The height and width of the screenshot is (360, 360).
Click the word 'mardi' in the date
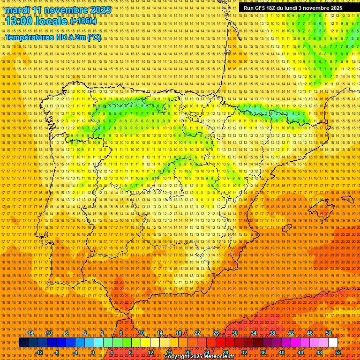point(17,10)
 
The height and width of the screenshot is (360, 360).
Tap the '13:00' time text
point(21,21)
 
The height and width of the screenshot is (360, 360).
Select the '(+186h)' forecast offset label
point(83,21)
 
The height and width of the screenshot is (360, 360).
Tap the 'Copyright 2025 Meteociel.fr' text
point(199,357)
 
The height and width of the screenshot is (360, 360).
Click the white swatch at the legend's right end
point(333,343)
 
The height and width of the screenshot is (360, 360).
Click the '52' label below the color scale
point(338,352)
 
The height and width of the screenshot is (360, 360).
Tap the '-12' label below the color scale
point(39,352)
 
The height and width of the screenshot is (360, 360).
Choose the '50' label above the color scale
point(329,333)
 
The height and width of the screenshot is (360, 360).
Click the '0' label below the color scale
point(93,352)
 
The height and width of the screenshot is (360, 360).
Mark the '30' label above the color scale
point(234,333)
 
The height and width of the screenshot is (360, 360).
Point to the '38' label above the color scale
point(272,333)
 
